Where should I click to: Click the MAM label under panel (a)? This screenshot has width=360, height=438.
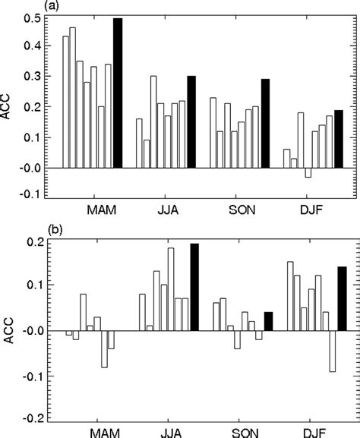click(102, 210)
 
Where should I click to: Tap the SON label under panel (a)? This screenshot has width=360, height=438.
click(244, 210)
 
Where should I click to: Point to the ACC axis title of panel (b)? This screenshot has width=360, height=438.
click(8, 329)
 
